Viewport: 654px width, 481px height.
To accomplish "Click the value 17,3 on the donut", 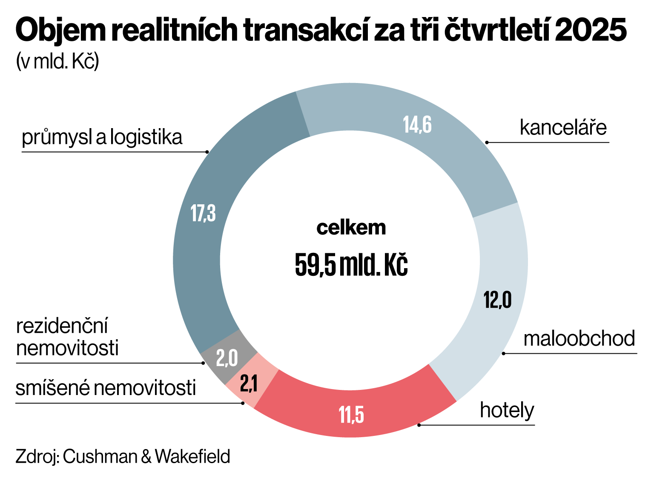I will [203, 213].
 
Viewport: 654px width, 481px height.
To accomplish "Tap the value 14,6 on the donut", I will [417, 125].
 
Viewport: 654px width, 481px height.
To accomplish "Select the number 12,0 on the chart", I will [497, 300].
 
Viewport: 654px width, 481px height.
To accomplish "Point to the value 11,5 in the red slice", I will [351, 415].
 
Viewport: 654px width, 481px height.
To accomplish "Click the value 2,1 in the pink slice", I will [249, 384].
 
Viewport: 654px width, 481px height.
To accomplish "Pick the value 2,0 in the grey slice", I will [227, 358].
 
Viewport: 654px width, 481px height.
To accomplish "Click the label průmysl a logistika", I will [102, 137].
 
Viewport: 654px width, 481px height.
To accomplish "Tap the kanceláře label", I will [563, 127].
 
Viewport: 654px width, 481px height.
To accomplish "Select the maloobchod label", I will [579, 339].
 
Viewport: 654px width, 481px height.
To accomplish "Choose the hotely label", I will [507, 410].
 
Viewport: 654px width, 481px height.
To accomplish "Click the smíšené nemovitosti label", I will [106, 388].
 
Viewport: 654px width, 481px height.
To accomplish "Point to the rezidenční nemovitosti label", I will [67, 337].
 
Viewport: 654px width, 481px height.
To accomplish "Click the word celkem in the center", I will [351, 228].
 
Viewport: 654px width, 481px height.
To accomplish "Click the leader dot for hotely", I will [419, 425].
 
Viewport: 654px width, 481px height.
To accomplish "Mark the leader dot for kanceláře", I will [487, 142].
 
